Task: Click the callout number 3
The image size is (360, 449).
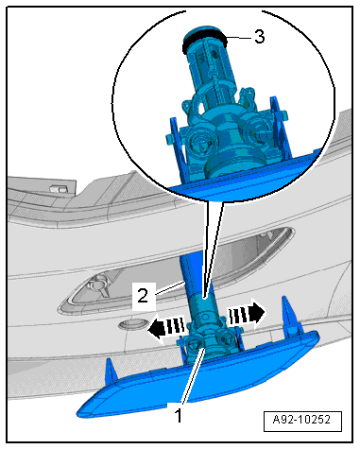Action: point(259,37)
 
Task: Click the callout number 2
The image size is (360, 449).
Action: point(143,296)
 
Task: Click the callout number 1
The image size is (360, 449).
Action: point(179,415)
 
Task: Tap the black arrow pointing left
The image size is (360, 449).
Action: point(166,328)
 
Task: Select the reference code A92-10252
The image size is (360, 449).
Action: point(301,420)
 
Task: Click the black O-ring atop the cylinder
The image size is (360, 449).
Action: point(205,40)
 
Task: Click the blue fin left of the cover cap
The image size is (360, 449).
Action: point(111,370)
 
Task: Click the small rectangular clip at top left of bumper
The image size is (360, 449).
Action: point(58,188)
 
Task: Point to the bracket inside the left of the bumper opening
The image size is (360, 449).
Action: point(100,285)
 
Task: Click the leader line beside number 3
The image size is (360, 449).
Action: point(239,38)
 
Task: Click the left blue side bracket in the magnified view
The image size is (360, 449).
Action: point(177,148)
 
